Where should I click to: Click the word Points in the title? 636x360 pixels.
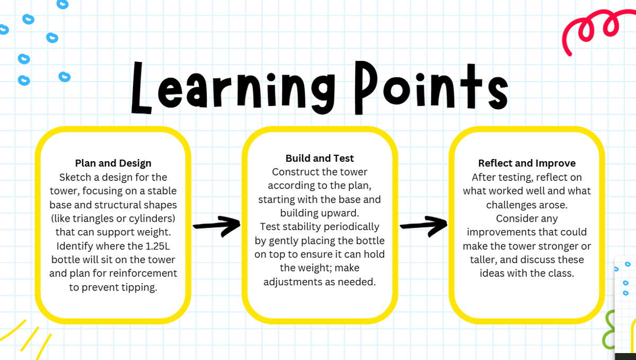(x=431, y=87)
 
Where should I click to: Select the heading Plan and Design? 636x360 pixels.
(x=113, y=163)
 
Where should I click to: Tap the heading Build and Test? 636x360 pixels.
(x=320, y=159)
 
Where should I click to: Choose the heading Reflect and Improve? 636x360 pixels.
(x=527, y=163)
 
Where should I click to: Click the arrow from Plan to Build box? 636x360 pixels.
(x=216, y=226)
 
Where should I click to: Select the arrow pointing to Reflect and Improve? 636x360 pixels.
(x=423, y=226)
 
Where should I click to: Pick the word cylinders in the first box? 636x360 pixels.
(x=152, y=218)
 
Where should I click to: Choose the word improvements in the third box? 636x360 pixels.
(x=498, y=232)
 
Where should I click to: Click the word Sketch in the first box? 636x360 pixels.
(x=75, y=177)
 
